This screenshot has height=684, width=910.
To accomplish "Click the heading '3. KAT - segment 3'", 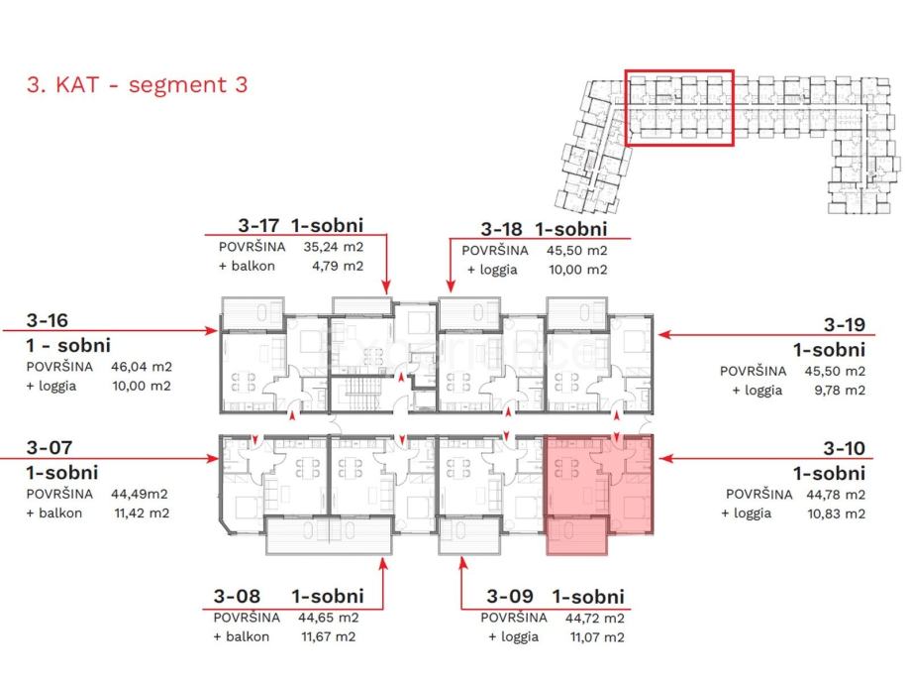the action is tap(137, 85).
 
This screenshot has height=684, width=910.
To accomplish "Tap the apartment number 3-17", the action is tap(258, 225).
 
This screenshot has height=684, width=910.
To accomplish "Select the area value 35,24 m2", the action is tap(333, 247).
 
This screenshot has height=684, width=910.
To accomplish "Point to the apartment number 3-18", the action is tap(501, 229).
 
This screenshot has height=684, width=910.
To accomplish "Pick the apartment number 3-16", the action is tap(47, 320).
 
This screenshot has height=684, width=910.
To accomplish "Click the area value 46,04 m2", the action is tap(142, 367).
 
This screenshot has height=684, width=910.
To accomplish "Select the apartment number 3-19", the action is tap(845, 324).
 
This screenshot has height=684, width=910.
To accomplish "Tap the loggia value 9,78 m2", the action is tap(840, 390).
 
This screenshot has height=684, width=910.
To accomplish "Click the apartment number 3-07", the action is tap(50, 447).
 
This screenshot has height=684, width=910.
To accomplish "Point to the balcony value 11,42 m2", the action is tap(142, 513).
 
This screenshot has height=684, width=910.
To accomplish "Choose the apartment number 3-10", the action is tap(845, 448).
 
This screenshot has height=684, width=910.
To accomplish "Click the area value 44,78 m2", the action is tap(836, 495).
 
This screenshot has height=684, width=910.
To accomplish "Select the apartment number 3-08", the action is tap(237, 596).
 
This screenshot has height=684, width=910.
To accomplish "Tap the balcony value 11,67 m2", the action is tap(329, 636).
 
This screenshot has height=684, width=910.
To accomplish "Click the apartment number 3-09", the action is tap(510, 596).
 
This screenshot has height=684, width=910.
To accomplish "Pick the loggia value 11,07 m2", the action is tap(597, 637).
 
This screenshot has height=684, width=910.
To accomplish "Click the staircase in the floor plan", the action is tap(361, 394).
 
